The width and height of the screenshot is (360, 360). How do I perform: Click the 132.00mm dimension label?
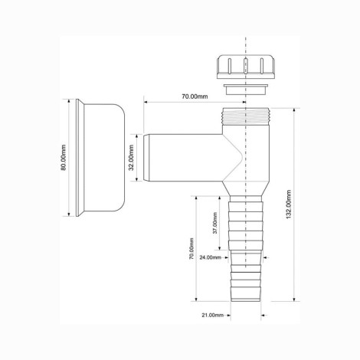(x=289, y=205)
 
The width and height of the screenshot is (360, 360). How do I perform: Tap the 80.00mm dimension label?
(x=64, y=158)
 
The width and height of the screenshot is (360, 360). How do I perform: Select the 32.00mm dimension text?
(x=131, y=158)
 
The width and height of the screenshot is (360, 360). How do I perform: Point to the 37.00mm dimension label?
(x=215, y=223)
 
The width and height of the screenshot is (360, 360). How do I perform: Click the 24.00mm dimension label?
(x=211, y=257)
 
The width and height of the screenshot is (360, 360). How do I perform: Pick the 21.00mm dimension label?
(x=213, y=315)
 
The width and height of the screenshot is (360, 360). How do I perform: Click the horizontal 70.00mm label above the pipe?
(x=195, y=97)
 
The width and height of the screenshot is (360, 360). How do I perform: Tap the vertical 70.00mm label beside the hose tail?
(x=191, y=249)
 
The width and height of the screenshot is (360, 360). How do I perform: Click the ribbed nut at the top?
(x=246, y=67)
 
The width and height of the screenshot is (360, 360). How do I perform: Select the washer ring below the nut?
(x=246, y=89)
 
